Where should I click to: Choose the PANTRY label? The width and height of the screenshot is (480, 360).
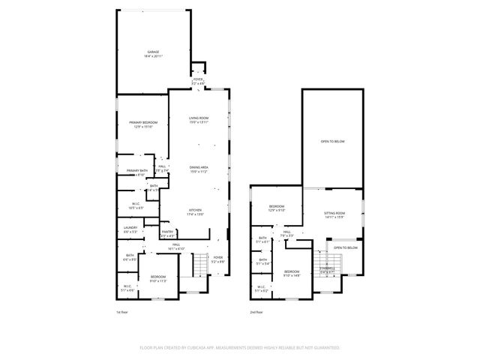click(167, 233)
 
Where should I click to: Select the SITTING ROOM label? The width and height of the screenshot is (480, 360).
click(334, 215)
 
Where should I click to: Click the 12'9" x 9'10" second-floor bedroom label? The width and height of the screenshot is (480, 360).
click(277, 208)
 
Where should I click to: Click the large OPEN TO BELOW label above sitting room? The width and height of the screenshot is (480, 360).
click(332, 141)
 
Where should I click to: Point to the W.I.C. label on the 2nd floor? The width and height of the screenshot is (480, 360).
click(261, 288)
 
